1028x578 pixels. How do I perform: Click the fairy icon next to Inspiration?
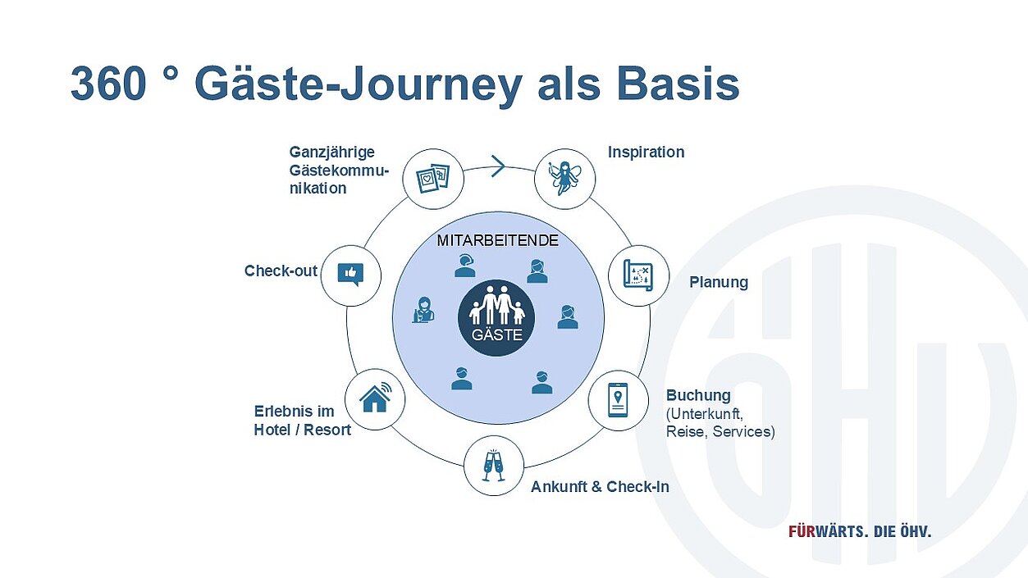[564, 178]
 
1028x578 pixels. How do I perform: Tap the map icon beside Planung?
[638, 275]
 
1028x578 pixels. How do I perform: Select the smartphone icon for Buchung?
[619, 401]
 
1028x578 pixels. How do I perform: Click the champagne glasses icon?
[493, 465]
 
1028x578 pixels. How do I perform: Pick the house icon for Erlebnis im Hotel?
[375, 398]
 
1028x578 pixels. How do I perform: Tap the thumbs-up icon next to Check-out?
[350, 274]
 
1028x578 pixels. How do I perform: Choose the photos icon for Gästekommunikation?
[433, 177]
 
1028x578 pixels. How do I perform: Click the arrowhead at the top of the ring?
[498, 166]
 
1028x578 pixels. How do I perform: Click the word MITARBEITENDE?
[498, 241]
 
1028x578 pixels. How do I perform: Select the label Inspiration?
[646, 152]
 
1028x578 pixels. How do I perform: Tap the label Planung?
[719, 283]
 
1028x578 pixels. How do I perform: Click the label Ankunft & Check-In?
[600, 487]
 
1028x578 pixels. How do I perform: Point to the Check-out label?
[281, 271]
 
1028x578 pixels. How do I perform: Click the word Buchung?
[698, 395]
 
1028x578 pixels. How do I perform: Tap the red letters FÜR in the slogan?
[803, 531]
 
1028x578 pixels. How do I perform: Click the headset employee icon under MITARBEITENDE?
[465, 266]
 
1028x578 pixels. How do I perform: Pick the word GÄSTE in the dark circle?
[496, 335]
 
